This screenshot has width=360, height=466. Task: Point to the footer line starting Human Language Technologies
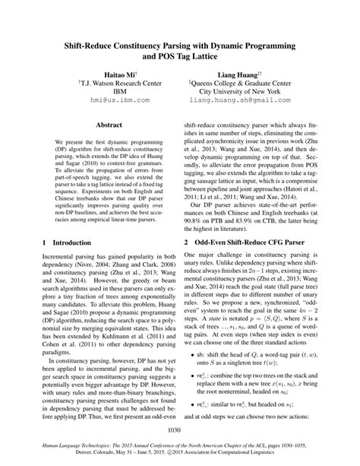pyautogui.click(x=180, y=449)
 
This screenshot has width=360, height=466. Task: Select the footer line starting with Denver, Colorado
pyautogui.click(x=180, y=458)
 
